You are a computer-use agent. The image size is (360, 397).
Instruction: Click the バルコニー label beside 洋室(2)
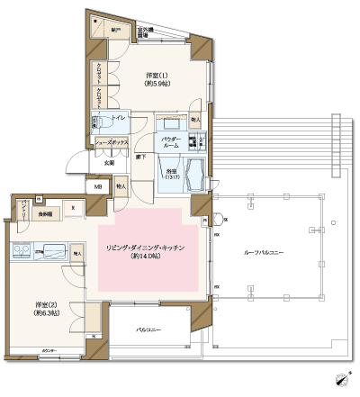148,331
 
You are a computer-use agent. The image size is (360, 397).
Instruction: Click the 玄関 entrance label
107,163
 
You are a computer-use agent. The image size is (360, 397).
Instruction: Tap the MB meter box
98,187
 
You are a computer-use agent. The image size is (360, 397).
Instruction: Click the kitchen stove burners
21,251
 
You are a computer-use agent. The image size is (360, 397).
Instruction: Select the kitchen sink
53,250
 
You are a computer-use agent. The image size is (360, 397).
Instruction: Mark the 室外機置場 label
145,32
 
